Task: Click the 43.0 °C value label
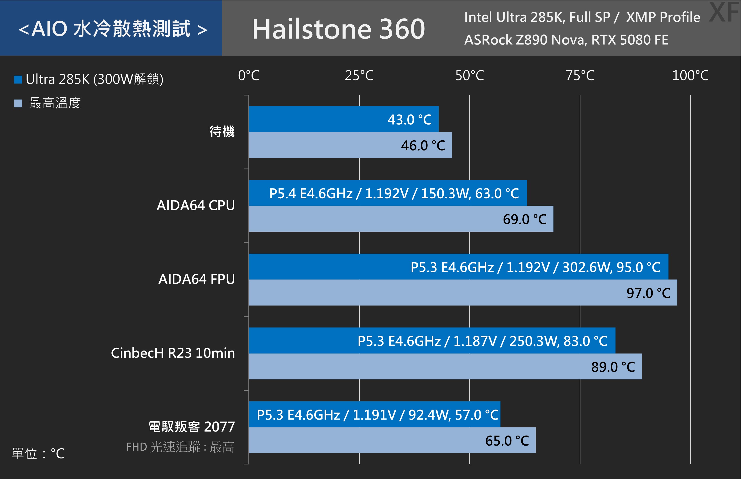click(409, 120)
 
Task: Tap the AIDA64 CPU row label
click(196, 205)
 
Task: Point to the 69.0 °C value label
click(525, 220)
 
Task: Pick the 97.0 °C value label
click(648, 293)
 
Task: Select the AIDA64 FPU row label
click(196, 279)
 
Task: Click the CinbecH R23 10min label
click(173, 353)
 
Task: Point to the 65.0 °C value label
click(507, 441)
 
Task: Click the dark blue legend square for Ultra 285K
click(18, 80)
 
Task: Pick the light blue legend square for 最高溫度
click(18, 103)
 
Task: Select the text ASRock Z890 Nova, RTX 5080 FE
click(566, 40)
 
